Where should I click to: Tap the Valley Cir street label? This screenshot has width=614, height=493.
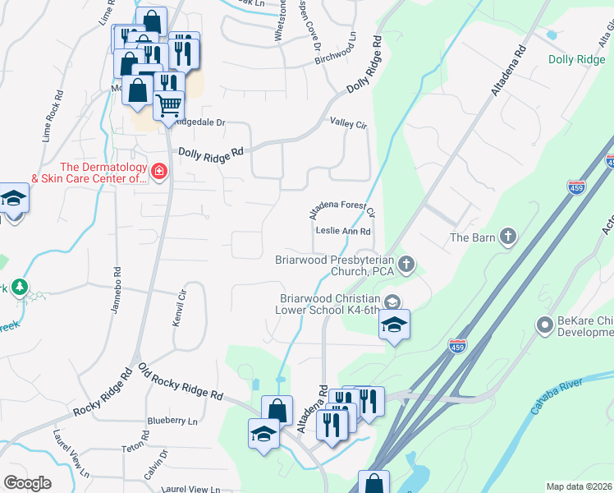click(x=348, y=123)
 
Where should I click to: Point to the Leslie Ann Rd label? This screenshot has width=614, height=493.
click(x=342, y=231)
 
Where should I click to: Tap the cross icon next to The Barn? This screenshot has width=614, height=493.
click(x=508, y=238)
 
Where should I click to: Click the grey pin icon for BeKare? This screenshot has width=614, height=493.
click(x=543, y=325)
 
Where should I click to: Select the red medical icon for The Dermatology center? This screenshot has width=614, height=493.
click(x=158, y=172)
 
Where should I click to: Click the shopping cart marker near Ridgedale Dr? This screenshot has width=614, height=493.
click(x=168, y=104)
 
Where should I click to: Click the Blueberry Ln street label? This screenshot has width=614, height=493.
click(x=172, y=421)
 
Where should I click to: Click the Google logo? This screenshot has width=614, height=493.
click(x=28, y=483)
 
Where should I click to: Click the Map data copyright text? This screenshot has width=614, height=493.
click(x=578, y=486)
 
